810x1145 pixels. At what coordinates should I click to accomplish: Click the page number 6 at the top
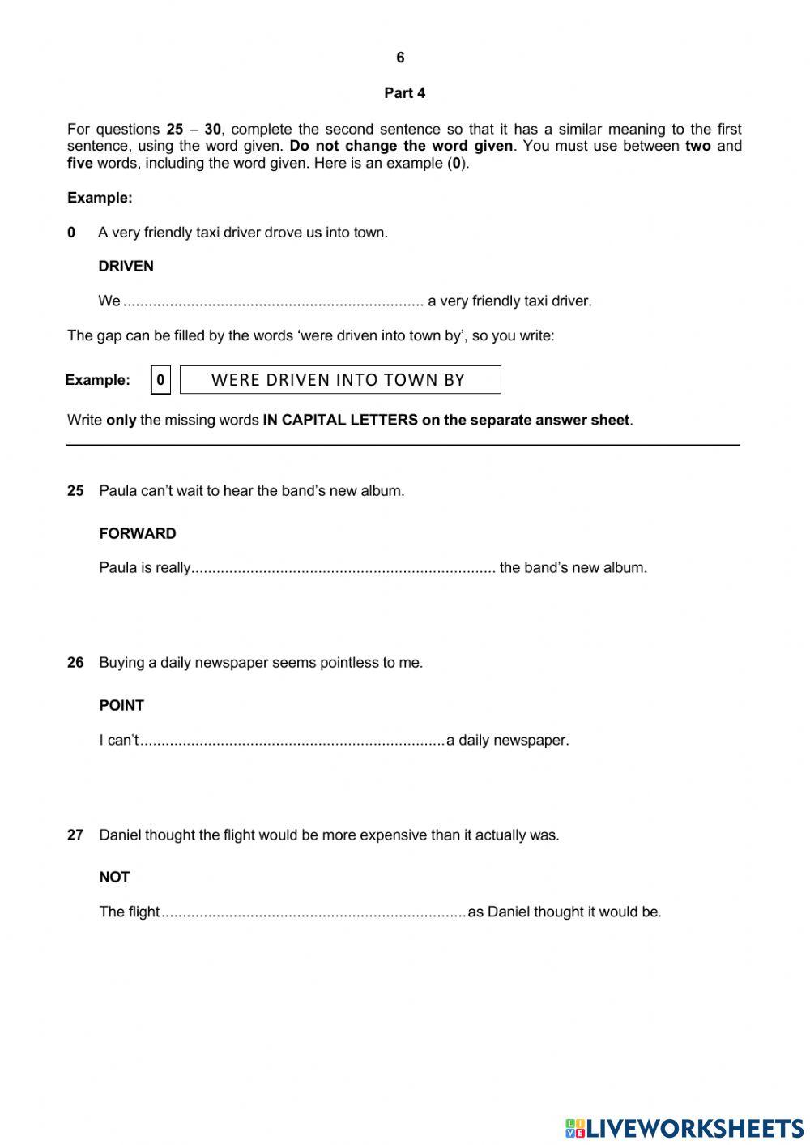[400, 58]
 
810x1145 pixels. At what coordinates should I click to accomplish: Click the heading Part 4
[404, 93]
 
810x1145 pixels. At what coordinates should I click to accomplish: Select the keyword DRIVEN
[126, 267]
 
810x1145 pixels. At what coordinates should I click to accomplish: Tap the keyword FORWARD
[137, 533]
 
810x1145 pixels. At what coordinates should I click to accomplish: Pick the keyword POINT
[122, 706]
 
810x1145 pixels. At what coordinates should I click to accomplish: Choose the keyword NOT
[114, 878]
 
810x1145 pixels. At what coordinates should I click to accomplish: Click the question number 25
[75, 491]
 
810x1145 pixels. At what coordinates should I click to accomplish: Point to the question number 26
[75, 663]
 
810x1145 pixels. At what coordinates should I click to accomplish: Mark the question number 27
[75, 835]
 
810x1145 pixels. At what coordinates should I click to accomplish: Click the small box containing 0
[160, 380]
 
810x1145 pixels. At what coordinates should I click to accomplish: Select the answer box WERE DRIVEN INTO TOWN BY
[339, 380]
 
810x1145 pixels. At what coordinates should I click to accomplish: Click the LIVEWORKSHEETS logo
[684, 1127]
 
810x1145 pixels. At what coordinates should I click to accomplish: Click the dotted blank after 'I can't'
[292, 741]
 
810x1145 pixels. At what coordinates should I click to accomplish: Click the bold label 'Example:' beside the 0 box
[97, 380]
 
